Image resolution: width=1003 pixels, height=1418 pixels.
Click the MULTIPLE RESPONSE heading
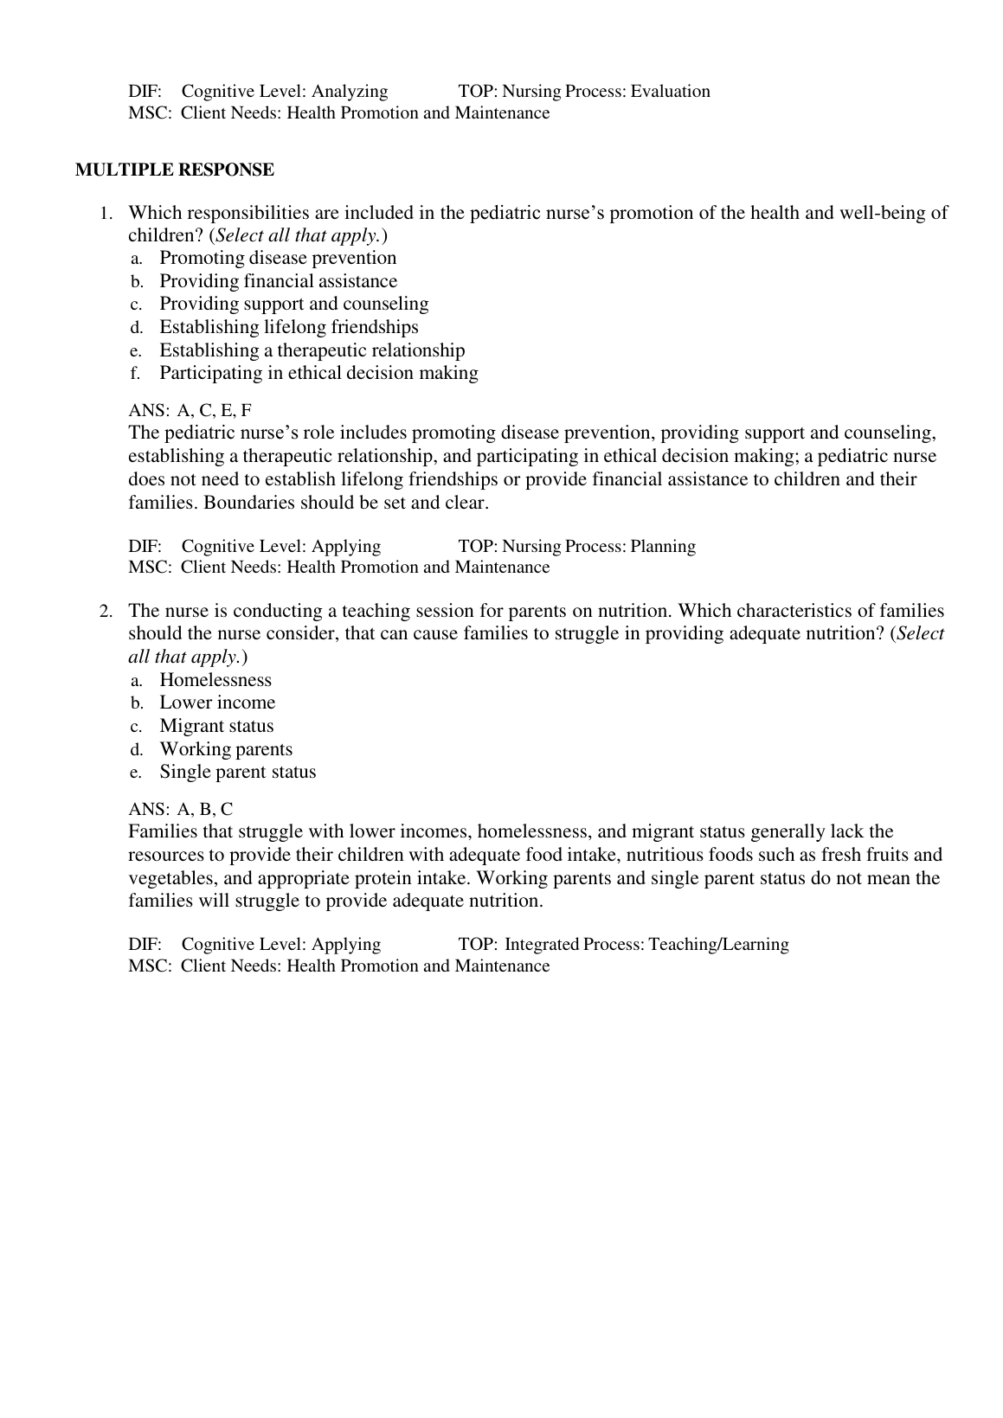coord(175,170)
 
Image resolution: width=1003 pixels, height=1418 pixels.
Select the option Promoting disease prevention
coord(278,258)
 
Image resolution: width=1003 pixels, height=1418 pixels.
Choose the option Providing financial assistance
coord(278,281)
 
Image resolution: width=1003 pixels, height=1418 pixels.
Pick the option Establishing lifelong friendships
coord(288,327)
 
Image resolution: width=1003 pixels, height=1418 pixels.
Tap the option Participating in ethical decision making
coord(318,373)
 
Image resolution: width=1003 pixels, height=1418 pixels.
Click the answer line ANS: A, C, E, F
coord(190,410)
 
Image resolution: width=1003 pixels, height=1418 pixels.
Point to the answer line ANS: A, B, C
coord(181,810)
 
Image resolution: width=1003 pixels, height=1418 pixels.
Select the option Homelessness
coord(215,680)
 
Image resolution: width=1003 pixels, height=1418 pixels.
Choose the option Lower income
coord(217,703)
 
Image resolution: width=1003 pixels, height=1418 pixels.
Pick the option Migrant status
coord(216,726)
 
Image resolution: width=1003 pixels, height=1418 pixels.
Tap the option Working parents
coord(226,749)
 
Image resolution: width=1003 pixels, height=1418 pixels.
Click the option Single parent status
coord(238,772)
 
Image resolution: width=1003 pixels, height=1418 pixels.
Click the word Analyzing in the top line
coord(350,92)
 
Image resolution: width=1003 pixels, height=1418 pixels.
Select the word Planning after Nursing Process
coord(663,547)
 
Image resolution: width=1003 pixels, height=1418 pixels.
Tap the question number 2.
coord(106,612)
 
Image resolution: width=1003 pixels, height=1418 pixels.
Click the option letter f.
coord(136,374)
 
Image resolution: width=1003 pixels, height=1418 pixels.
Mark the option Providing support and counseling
coord(294,304)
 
